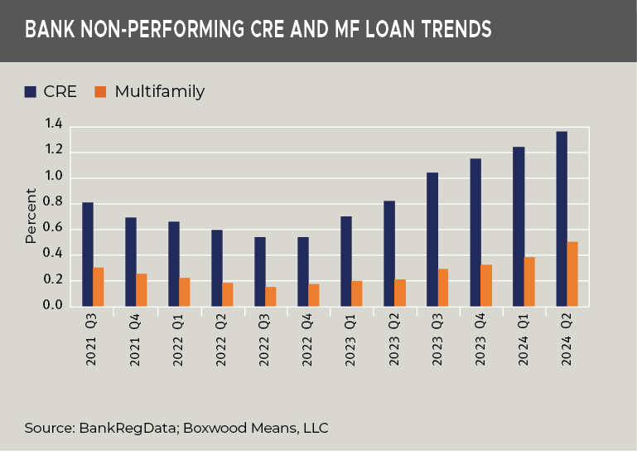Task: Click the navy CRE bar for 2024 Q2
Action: pos(561,219)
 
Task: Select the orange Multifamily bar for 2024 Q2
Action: pos(572,274)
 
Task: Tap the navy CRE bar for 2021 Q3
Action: pos(87,255)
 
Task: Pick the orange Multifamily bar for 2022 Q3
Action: pos(271,297)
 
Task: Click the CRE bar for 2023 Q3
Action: pos(432,240)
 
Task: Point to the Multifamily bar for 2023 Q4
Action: pos(486,286)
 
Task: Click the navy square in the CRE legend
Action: pos(31,91)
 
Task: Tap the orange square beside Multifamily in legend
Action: pos(101,91)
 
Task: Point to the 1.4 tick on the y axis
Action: pos(54,124)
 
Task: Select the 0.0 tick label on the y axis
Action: pos(54,306)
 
